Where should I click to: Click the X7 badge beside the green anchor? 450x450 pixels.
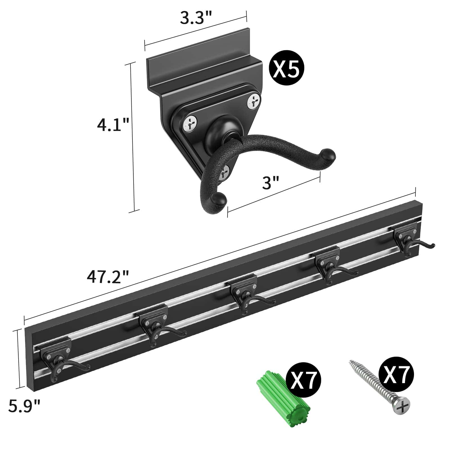[303, 379]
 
